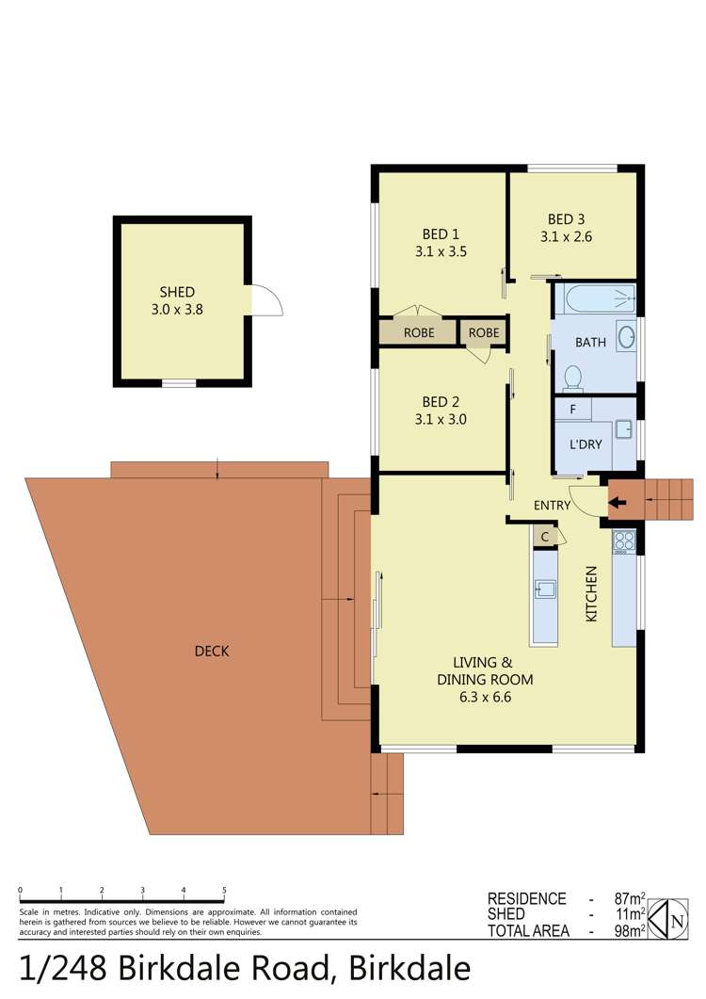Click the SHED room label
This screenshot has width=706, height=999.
pyautogui.click(x=177, y=292)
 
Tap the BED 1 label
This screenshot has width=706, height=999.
pyautogui.click(x=441, y=234)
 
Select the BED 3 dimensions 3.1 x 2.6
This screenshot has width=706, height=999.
pyautogui.click(x=566, y=237)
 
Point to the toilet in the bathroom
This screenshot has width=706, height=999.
pyautogui.click(x=571, y=379)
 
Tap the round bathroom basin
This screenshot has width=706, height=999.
pyautogui.click(x=626, y=337)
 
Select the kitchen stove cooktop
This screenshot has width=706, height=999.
pyautogui.click(x=624, y=540)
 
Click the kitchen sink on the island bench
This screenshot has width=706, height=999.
pyautogui.click(x=544, y=590)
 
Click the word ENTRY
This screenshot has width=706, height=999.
pyautogui.click(x=552, y=506)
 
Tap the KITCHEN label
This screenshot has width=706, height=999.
pyautogui.click(x=592, y=593)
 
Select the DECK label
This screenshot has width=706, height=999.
pyautogui.click(x=212, y=651)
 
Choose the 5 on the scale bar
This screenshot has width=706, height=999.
pyautogui.click(x=224, y=890)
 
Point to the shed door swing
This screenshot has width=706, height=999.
pyautogui.click(x=266, y=300)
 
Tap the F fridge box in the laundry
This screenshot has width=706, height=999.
pyautogui.click(x=572, y=410)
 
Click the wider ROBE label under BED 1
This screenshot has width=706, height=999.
pyautogui.click(x=419, y=332)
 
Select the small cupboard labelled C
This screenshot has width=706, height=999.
pyautogui.click(x=544, y=536)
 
